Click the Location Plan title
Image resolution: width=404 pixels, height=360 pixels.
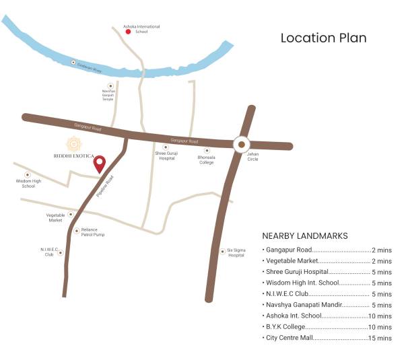[323, 38]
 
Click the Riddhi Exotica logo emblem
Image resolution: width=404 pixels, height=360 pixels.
[72, 143]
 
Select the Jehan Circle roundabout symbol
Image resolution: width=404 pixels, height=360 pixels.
[241, 143]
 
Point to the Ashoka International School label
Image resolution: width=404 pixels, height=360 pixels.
[141, 29]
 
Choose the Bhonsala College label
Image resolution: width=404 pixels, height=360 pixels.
[206, 159]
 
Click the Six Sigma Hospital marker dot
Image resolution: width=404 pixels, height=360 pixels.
[223, 252]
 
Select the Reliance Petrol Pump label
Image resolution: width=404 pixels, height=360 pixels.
[93, 232]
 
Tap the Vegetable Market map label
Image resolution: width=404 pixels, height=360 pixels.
[55, 217]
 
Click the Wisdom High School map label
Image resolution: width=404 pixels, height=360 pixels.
[28, 183]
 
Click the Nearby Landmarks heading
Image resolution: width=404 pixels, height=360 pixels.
[304, 236]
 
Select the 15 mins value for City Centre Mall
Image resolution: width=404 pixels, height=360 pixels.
[380, 338]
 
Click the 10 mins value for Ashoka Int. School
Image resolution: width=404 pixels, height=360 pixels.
[380, 316]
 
